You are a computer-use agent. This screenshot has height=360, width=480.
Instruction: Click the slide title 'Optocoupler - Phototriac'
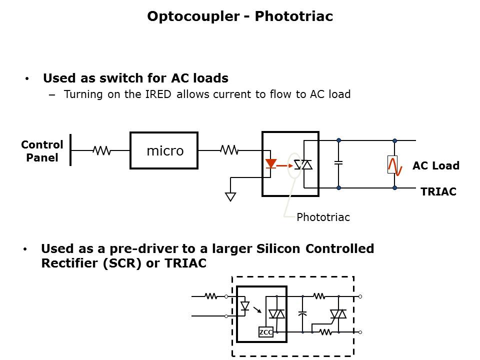pos(240,16)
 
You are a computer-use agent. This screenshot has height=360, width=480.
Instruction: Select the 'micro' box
pos(164,150)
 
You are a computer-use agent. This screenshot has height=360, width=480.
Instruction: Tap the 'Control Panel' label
pos(42,151)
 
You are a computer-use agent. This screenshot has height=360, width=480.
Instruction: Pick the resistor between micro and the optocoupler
pos(229,149)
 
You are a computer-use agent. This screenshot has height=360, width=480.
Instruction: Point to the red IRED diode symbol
pos(271,164)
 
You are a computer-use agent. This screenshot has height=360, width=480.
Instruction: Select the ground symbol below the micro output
pos(230,196)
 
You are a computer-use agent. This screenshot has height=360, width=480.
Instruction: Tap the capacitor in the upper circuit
pos(338,163)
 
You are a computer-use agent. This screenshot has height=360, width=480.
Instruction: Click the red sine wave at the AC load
pos(398,165)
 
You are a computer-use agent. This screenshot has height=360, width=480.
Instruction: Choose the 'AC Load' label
pos(435,166)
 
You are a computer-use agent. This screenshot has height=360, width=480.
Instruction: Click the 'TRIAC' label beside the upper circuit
pos(438,191)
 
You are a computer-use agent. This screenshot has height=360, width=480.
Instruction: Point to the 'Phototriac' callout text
pos(323,217)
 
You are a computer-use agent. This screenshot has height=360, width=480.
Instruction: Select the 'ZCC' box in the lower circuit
pos(265,332)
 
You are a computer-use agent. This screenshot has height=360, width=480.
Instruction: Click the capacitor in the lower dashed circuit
pos(302,314)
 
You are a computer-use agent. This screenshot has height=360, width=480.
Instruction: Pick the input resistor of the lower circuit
pos(211,296)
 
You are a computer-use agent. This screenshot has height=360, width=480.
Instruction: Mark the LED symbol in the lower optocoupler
pos(245,305)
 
